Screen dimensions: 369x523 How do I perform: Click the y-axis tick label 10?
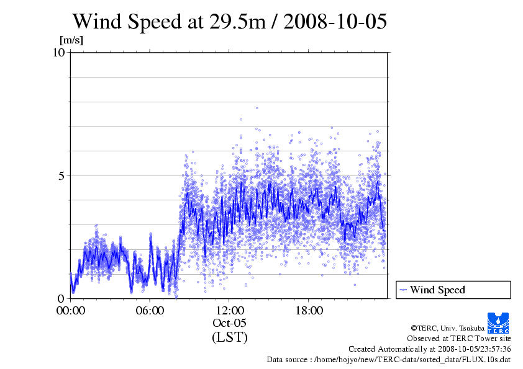tap(58, 52)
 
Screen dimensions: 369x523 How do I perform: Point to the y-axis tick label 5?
tap(61, 176)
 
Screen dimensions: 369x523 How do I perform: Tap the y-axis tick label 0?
tap(61, 298)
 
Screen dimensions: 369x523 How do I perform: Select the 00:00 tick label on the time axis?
tap(70, 311)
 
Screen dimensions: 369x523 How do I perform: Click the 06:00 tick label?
tap(150, 311)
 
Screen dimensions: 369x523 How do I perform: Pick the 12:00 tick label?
tap(229, 311)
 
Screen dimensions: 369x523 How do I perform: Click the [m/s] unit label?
tap(71, 40)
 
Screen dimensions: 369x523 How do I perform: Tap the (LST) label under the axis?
tap(229, 337)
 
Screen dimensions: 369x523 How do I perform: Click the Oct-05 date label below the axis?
tap(229, 323)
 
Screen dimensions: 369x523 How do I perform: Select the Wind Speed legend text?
tap(437, 290)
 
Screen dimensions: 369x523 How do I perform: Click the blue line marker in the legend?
tap(403, 290)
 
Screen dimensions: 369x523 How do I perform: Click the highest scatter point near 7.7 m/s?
tap(257, 108)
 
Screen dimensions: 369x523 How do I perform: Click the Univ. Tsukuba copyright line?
tap(460, 328)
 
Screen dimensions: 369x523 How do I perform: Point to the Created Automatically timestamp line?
tap(429, 349)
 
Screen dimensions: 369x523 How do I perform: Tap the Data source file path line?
tap(389, 359)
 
